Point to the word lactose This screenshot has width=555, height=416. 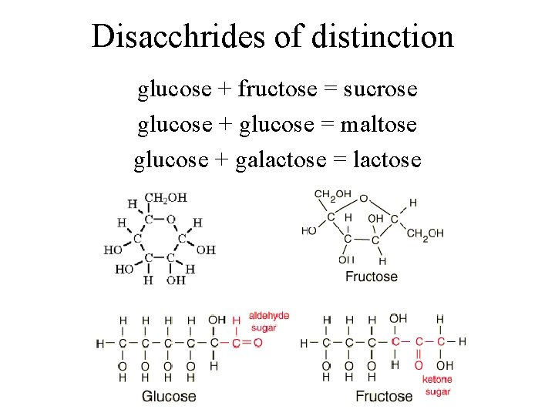click(x=386, y=159)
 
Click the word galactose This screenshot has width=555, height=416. click(x=279, y=159)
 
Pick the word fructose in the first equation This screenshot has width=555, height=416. click(x=277, y=89)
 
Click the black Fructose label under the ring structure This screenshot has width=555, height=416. click(x=371, y=276)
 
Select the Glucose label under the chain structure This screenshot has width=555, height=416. click(x=169, y=396)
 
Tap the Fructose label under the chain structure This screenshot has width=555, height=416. click(x=384, y=396)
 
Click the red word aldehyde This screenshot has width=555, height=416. click(x=268, y=315)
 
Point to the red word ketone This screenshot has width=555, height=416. click(x=436, y=379)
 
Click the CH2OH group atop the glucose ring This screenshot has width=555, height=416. click(x=166, y=198)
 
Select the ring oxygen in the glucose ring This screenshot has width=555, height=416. click(x=170, y=219)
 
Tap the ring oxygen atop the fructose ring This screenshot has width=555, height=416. click(x=363, y=198)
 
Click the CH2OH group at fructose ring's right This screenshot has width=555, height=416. click(x=425, y=233)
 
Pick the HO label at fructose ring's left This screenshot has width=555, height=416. click(x=309, y=230)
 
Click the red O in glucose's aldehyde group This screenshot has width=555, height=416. click(x=257, y=342)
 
